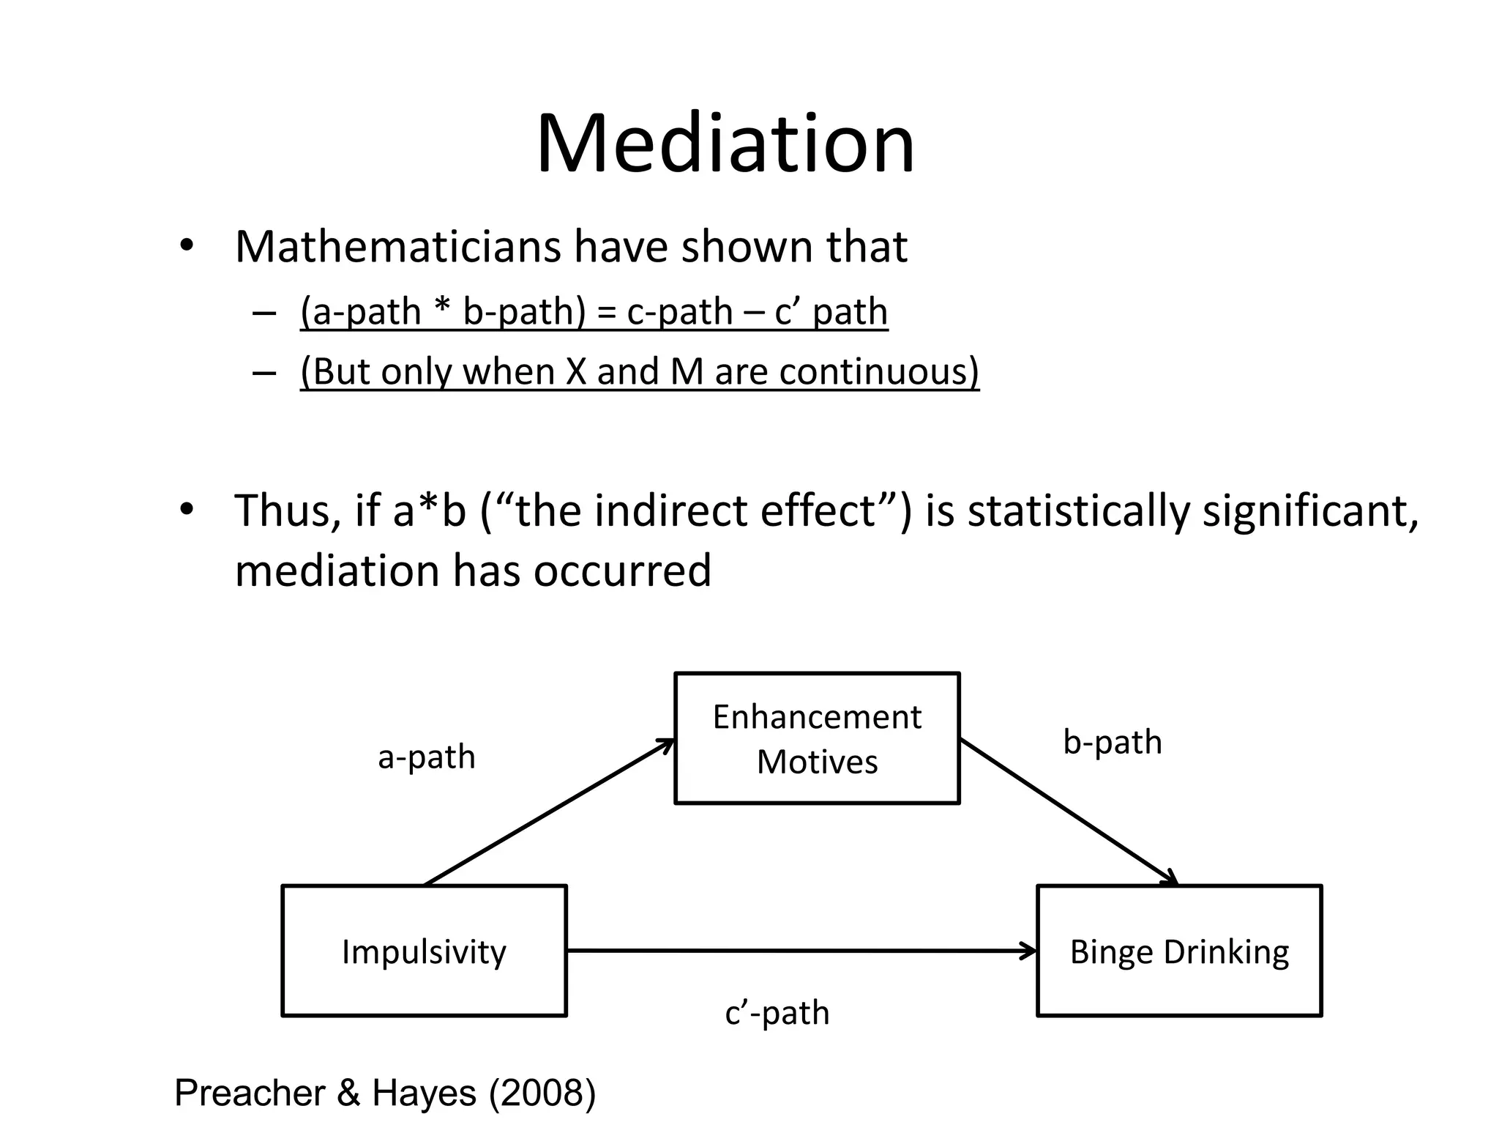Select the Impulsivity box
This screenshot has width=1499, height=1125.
tap(424, 951)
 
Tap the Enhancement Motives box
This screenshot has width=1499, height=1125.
tap(816, 738)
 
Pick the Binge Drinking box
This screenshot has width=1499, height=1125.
tap(1179, 951)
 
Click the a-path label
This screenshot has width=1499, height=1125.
tap(426, 757)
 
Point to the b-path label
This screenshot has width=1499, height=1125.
tap(1112, 742)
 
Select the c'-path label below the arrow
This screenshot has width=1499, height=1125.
tap(777, 1013)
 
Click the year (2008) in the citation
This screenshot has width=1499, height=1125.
tap(542, 1093)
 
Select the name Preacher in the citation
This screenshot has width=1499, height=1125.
tap(250, 1093)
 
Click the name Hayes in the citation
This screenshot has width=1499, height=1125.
tap(424, 1093)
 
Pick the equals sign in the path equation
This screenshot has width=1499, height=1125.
tap(607, 313)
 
